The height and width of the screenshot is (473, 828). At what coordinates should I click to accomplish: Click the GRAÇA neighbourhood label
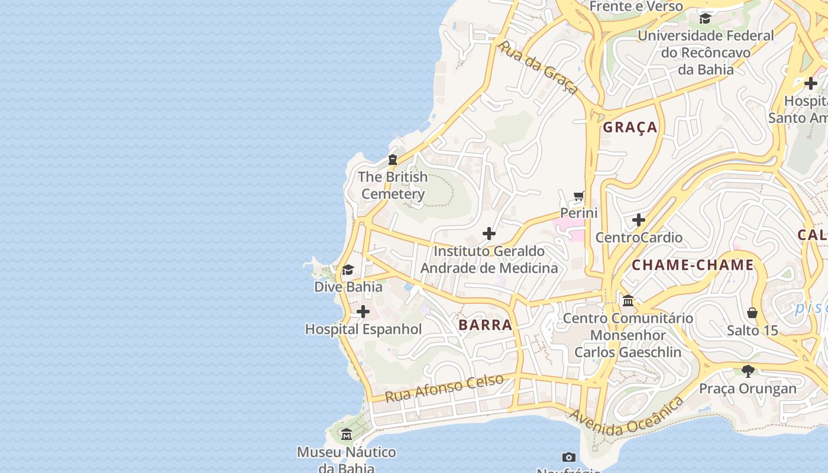click(x=630, y=127)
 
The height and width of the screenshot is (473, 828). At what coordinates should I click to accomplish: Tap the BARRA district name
click(x=485, y=325)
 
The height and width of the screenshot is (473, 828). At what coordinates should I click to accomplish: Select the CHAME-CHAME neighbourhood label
click(x=693, y=265)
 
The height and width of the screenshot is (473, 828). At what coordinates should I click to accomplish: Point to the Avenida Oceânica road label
click(x=626, y=417)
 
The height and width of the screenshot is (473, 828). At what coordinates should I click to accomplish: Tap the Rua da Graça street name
click(x=538, y=67)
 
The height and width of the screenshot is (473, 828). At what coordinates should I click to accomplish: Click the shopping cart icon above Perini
click(x=579, y=196)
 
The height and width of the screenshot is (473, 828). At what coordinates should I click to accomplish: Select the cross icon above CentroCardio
click(x=638, y=220)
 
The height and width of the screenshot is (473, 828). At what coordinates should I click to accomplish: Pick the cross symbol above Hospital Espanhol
click(x=363, y=312)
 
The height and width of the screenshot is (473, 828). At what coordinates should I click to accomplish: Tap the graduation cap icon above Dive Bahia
click(x=348, y=270)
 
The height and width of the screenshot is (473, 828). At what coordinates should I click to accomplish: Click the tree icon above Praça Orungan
click(x=748, y=371)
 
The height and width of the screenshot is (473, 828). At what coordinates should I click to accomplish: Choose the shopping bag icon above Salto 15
click(x=752, y=313)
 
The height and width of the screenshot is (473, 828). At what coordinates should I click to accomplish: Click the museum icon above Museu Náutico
click(x=347, y=435)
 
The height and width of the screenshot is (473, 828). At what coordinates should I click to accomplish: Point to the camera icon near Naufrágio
click(x=569, y=457)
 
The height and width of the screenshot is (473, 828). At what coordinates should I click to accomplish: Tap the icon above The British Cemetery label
click(x=392, y=159)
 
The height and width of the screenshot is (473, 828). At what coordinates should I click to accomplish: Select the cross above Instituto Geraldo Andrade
click(x=489, y=234)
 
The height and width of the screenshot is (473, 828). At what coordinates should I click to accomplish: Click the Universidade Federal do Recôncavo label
click(x=705, y=52)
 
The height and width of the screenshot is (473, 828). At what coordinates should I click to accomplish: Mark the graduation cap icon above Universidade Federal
click(x=705, y=18)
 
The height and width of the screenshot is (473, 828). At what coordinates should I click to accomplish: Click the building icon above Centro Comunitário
click(x=628, y=301)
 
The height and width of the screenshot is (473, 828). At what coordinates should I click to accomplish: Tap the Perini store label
click(x=579, y=213)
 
